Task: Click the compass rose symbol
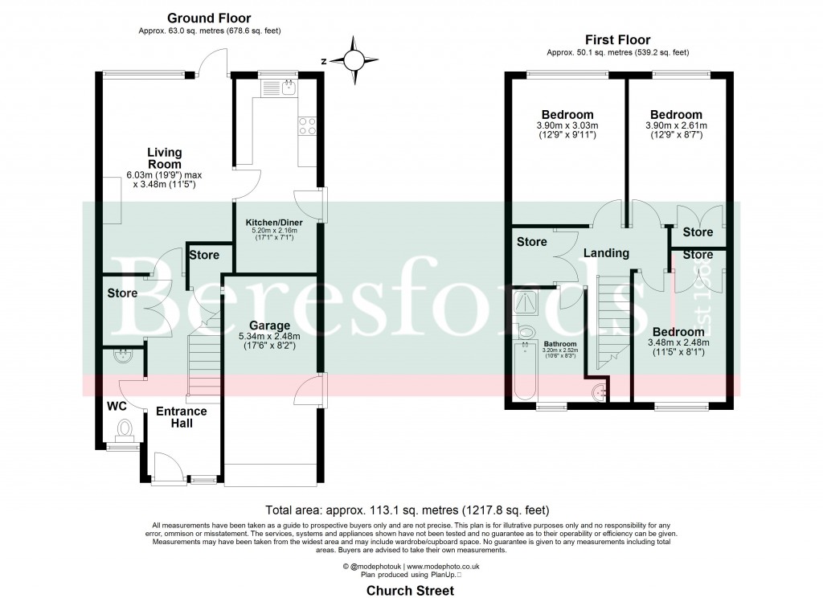[354, 59]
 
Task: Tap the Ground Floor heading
[208, 18]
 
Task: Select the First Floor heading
[618, 39]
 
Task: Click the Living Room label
[164, 158]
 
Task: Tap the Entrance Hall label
[181, 417]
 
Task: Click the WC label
[117, 407]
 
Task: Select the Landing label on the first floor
[606, 253]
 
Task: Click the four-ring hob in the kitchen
[307, 125]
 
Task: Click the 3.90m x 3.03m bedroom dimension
[567, 125]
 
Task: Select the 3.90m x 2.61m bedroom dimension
[676, 125]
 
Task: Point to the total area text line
[411, 510]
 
